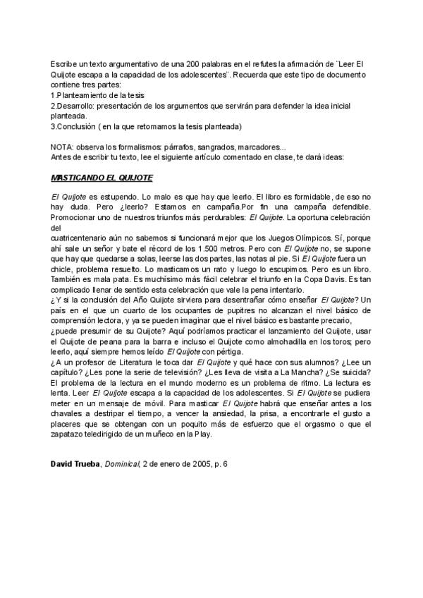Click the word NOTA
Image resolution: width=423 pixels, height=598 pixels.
(x=63, y=146)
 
